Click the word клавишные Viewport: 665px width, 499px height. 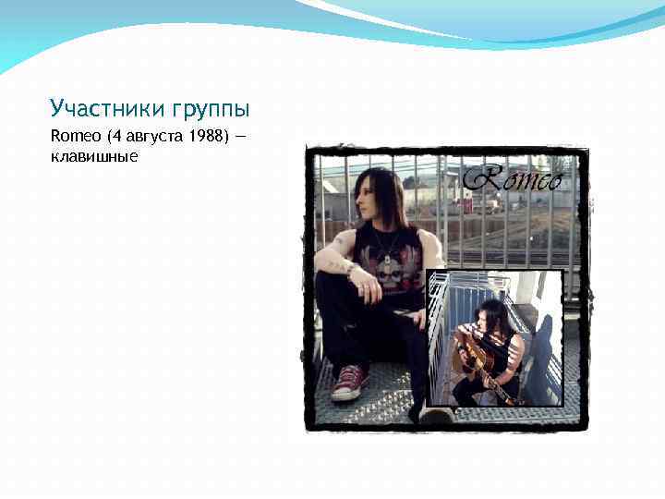(x=94, y=156)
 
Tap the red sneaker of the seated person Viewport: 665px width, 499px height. (x=351, y=381)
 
